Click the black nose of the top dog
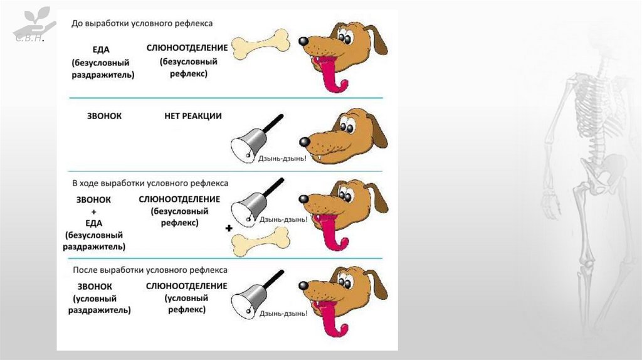tap(303, 41)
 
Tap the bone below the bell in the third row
tap(261, 241)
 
